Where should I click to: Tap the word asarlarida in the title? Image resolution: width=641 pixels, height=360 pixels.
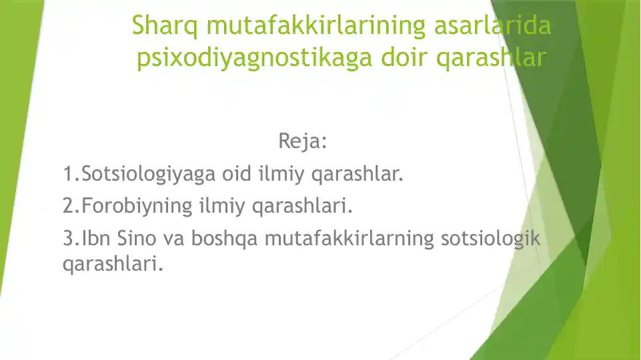pos(493,26)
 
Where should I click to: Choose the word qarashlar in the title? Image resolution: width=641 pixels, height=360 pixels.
pos(490,59)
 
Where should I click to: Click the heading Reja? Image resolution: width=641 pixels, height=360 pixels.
pos(302,142)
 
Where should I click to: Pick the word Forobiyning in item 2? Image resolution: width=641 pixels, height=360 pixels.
pos(137,207)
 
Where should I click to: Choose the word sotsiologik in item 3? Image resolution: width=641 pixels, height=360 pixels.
pos(490,238)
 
